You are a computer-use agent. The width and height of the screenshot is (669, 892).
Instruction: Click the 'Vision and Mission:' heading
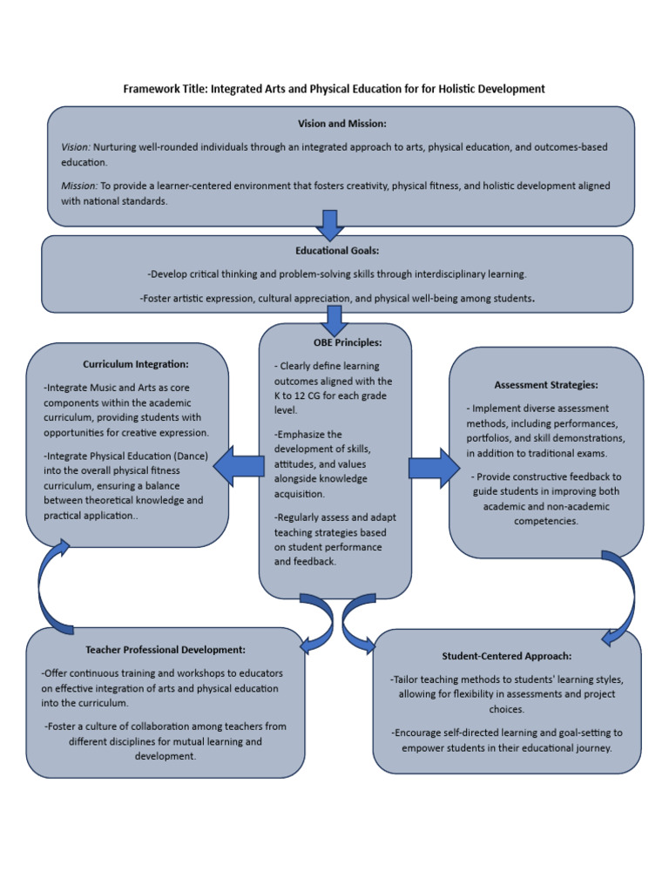[341, 124]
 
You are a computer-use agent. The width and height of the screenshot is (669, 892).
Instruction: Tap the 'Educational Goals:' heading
[337, 251]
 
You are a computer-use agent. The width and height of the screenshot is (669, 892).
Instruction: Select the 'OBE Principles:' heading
[335, 342]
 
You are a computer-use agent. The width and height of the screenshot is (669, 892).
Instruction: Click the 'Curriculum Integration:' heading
[135, 364]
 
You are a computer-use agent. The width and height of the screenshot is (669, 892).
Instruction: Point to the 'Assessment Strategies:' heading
[546, 384]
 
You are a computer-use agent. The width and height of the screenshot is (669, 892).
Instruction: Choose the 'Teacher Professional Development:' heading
[166, 650]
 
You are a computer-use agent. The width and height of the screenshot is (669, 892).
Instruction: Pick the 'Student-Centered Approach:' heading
[507, 656]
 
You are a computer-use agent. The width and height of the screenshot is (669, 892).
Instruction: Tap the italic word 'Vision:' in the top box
[76, 147]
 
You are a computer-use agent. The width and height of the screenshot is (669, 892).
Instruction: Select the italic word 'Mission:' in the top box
[79, 186]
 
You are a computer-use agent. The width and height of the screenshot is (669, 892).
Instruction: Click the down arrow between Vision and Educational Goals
[330, 225]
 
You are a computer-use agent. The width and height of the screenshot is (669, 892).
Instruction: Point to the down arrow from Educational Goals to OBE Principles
[335, 320]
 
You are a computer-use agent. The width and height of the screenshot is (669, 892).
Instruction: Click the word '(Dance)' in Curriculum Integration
[188, 456]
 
